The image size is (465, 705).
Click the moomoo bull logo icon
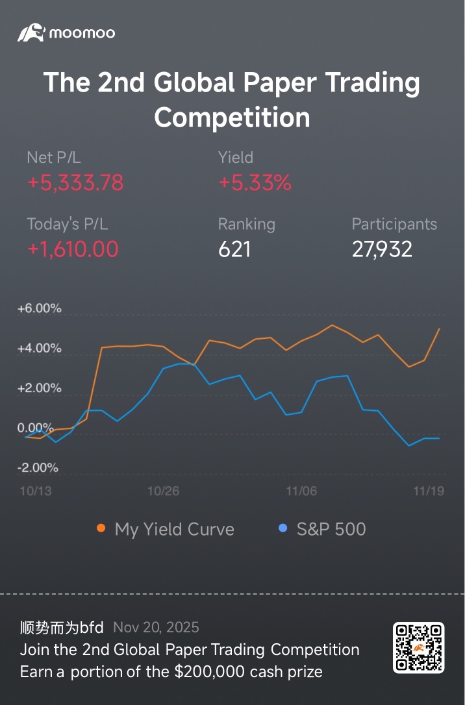(x=31, y=33)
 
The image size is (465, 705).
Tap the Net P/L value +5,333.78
(x=75, y=182)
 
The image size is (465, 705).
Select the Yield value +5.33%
(x=255, y=182)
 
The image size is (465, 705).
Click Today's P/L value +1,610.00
(x=73, y=249)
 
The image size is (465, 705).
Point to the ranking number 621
(x=234, y=249)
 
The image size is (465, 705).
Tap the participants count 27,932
(x=382, y=249)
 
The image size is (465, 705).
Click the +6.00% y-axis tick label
(x=39, y=308)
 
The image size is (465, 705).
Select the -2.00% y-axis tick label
(x=38, y=468)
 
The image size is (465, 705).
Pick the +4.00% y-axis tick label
(x=39, y=349)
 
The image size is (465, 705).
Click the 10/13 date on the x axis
(x=36, y=491)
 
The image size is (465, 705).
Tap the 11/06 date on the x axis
(x=301, y=491)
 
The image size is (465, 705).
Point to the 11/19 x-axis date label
(x=429, y=491)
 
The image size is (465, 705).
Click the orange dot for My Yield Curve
(x=101, y=528)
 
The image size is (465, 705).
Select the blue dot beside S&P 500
(x=283, y=528)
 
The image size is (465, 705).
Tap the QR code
(x=419, y=648)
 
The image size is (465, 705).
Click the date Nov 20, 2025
(x=156, y=628)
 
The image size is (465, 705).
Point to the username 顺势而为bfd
(x=62, y=628)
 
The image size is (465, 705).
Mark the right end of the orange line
(x=440, y=328)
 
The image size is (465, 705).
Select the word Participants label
(x=394, y=225)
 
